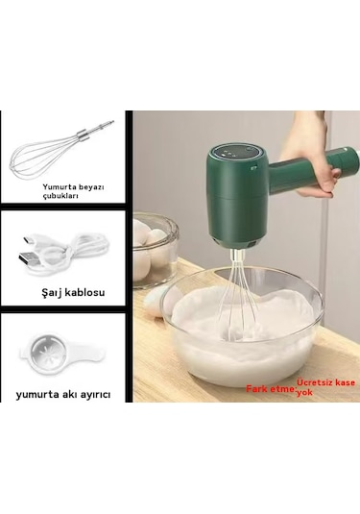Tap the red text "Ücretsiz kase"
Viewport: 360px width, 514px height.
pos(326,383)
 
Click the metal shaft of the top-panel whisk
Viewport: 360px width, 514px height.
pos(97,131)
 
